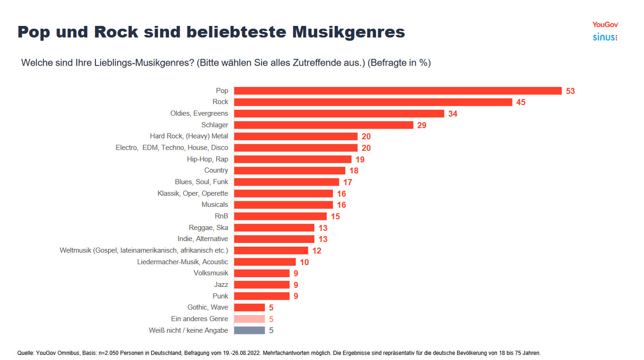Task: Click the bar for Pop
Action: [397, 91]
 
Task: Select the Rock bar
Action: [373, 102]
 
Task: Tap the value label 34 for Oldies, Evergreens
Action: [452, 113]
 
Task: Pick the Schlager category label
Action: [214, 125]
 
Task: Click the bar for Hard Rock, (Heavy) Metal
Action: [295, 136]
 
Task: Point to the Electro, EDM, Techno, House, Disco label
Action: [172, 148]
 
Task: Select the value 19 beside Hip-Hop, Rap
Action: [360, 159]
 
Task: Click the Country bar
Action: [289, 170]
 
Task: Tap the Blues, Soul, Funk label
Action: [201, 182]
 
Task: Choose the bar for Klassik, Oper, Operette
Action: [283, 193]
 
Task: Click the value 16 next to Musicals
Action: [341, 205]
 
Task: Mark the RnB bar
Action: [280, 216]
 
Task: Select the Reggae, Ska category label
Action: [208, 228]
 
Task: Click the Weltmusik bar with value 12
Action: [271, 250]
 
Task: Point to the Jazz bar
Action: [262, 285]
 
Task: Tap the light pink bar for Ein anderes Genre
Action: [249, 319]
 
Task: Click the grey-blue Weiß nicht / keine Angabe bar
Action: [249, 330]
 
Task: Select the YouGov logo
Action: [605, 25]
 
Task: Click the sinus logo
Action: [605, 37]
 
